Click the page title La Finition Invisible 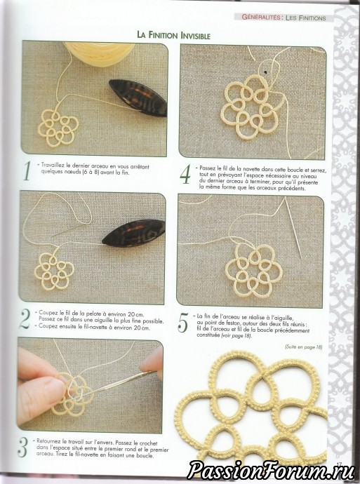173,34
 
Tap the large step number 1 27,171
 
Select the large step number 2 25,319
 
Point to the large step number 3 23,447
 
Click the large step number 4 185,175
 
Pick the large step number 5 182,323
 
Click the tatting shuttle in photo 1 138,98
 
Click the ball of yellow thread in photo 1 100,53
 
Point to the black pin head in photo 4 265,72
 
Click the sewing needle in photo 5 293,228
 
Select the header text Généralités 261,18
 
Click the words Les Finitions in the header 306,18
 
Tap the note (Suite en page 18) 303,347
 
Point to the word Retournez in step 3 49,441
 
